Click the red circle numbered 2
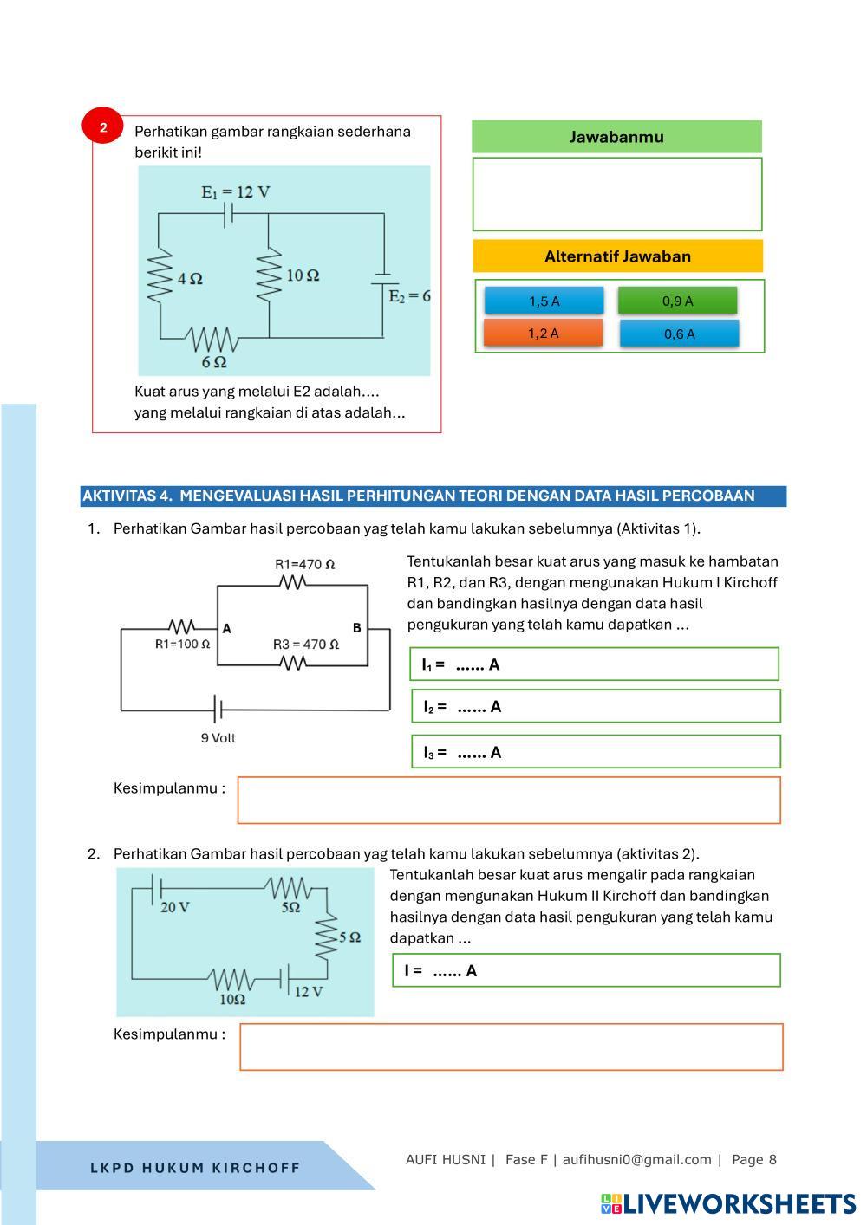[x=103, y=127]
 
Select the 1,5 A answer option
[x=544, y=301]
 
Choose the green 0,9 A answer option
[x=677, y=301]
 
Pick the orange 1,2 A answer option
[x=543, y=334]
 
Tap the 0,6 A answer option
[x=679, y=334]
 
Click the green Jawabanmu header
[x=616, y=137]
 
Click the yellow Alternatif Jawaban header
[x=617, y=256]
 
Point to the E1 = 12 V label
[x=235, y=191]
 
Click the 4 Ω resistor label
[x=190, y=279]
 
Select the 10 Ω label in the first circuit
[x=302, y=275]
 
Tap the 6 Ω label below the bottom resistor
[x=214, y=361]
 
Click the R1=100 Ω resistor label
[x=182, y=644]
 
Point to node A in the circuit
[x=226, y=629]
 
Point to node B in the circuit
[x=356, y=628]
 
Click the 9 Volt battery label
[x=218, y=738]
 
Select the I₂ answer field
[x=596, y=706]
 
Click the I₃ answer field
[x=596, y=752]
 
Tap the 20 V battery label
[x=175, y=907]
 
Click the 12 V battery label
[x=308, y=991]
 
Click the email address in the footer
[x=636, y=1159]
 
